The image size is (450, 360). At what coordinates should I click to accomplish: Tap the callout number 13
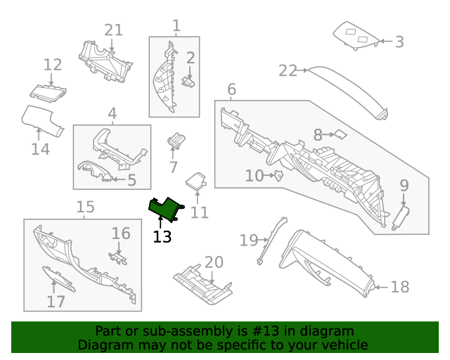pyautogui.click(x=162, y=237)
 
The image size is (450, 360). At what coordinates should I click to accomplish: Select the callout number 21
pyautogui.click(x=114, y=30)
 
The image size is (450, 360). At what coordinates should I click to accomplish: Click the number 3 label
pyautogui.click(x=399, y=42)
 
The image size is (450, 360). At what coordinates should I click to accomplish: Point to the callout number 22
pyautogui.click(x=288, y=70)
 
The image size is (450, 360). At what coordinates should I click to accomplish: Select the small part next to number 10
pyautogui.click(x=278, y=175)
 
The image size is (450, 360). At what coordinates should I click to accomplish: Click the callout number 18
pyautogui.click(x=399, y=287)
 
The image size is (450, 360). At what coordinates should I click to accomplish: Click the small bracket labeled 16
pyautogui.click(x=117, y=257)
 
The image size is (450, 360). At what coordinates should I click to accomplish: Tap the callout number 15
pyautogui.click(x=85, y=207)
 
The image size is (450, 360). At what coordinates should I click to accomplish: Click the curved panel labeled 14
pyautogui.click(x=41, y=119)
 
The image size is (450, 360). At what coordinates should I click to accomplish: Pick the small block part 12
pyautogui.click(x=48, y=90)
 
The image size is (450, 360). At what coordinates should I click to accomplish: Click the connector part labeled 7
pyautogui.click(x=174, y=141)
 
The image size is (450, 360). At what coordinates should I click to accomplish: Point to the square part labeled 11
pyautogui.click(x=197, y=181)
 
